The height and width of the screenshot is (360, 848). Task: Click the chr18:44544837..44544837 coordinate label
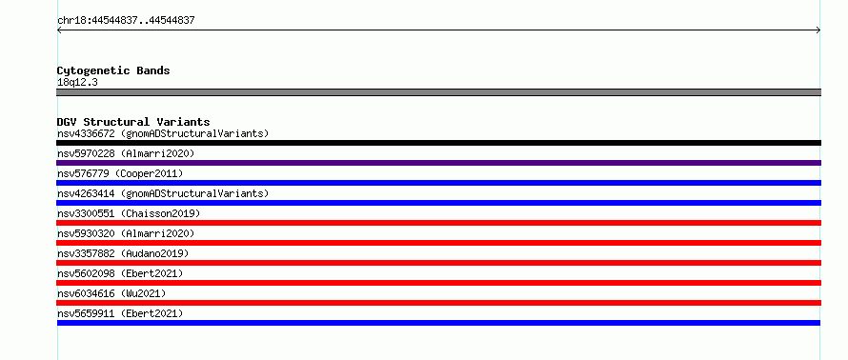coord(126,21)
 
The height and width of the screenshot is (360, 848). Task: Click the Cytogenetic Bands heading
coord(113,70)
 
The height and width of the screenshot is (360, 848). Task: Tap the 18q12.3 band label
coord(77,83)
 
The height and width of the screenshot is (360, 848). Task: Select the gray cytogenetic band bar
coord(438,92)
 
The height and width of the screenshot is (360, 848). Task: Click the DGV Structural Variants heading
coord(133,122)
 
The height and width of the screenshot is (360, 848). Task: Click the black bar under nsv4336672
coord(438,143)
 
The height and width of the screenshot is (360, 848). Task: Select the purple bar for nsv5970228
coord(438,163)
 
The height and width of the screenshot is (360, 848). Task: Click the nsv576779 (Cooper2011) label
coord(120,173)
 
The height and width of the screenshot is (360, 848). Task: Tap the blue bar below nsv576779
coord(438,183)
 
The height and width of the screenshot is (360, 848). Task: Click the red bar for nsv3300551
coord(438,223)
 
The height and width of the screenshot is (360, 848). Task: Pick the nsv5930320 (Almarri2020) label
coord(126,233)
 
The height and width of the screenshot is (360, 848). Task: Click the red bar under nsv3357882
coord(438,263)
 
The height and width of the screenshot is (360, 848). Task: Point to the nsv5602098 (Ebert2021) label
coord(120,273)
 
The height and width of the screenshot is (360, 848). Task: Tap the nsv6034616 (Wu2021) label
coord(111,293)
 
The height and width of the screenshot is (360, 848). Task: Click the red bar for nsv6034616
coord(438,303)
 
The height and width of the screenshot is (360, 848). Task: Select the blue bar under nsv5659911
coord(438,323)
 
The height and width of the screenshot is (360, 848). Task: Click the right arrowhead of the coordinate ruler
coord(818,30)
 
